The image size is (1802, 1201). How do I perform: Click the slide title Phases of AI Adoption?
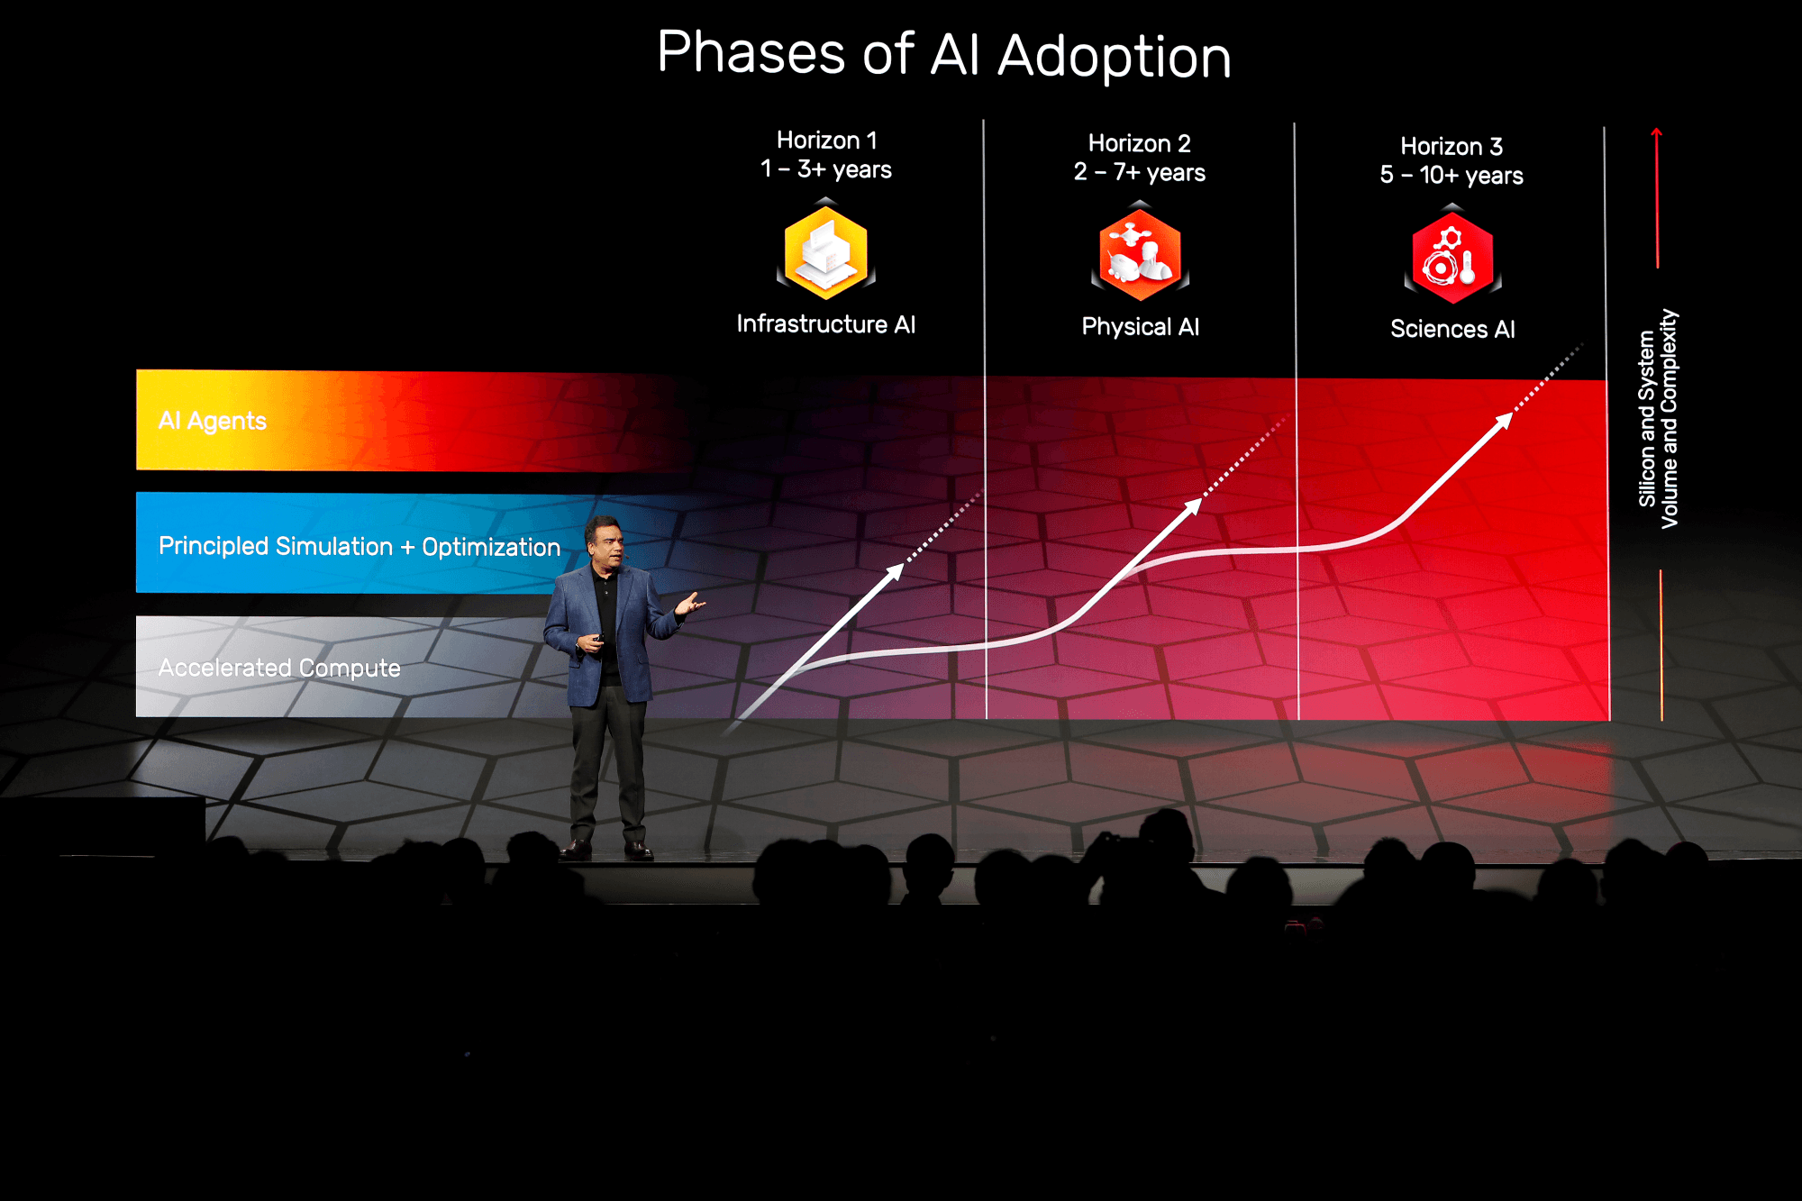(x=944, y=54)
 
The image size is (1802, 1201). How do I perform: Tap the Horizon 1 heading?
(x=827, y=140)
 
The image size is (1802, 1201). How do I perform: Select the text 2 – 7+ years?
(x=1140, y=172)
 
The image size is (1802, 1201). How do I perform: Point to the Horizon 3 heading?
(x=1452, y=146)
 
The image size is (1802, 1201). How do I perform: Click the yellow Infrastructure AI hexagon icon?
(x=826, y=252)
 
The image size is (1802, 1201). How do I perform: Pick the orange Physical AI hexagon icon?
(x=1140, y=254)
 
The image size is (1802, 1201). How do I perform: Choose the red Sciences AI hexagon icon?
(x=1452, y=257)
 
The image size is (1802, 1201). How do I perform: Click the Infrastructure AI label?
(x=826, y=324)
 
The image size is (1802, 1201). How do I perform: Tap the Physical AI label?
(x=1141, y=326)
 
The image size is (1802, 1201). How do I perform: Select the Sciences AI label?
(x=1452, y=329)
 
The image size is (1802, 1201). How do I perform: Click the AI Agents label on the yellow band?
(x=213, y=421)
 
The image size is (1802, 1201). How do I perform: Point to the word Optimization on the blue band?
(x=491, y=547)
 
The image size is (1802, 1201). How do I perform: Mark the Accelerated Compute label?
(x=279, y=668)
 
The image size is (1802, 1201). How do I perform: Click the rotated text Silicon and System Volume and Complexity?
(x=1659, y=419)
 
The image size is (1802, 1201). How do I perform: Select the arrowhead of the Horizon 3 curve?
(x=1504, y=421)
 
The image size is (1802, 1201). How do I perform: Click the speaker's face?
(x=605, y=542)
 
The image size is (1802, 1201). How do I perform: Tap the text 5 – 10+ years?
(x=1452, y=175)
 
